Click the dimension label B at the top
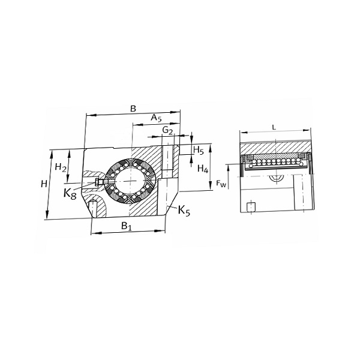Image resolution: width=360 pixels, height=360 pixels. pos(133,109)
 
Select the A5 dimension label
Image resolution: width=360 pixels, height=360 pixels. pos(156,118)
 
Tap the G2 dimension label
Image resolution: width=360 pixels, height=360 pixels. pos(167,130)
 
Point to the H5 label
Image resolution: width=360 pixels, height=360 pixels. pos(199,151)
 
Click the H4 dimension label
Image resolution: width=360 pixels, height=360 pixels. pos(203,169)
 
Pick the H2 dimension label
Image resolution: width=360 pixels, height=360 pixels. pos(61,167)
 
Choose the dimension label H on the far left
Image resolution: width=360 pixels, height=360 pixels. pos(44,184)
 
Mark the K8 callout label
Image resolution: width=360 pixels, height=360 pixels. pos(70,194)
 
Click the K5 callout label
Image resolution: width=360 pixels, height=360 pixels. pos(184,211)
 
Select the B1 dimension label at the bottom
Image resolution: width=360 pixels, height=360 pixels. pos(126,226)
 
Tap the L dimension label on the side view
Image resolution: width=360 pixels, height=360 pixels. pos(274,128)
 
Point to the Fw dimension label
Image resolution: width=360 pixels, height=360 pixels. pos(221,184)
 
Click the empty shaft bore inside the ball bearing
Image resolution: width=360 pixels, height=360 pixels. pos(130,181)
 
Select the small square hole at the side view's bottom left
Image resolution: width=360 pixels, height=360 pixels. pos(251,207)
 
